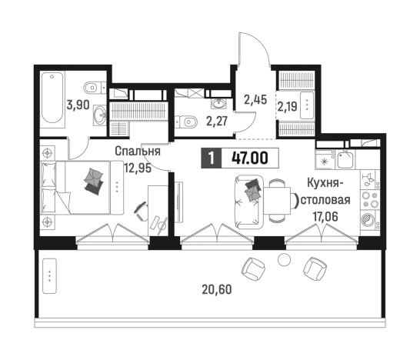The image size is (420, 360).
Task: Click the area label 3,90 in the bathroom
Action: [78, 105]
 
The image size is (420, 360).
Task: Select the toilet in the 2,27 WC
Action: [186, 122]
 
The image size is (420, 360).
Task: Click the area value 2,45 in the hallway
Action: [255, 100]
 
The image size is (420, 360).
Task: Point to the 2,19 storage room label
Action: [287, 107]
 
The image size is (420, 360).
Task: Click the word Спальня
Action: [138, 152]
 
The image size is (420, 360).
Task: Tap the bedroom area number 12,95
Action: [138, 168]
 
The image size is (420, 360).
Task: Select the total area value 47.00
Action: [250, 158]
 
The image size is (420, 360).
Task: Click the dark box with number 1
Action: [212, 158]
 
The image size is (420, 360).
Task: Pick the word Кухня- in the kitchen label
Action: [325, 184]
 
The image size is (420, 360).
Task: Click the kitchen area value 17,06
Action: [325, 216]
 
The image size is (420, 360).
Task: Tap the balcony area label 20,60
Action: [217, 289]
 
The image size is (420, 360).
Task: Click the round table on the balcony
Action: [284, 259]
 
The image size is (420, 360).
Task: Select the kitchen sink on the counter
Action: [346, 160]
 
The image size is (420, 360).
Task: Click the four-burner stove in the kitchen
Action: [370, 199]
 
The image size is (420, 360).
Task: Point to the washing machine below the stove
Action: [370, 219]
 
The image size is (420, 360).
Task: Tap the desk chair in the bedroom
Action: [142, 212]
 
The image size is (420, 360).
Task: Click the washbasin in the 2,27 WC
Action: [218, 103]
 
